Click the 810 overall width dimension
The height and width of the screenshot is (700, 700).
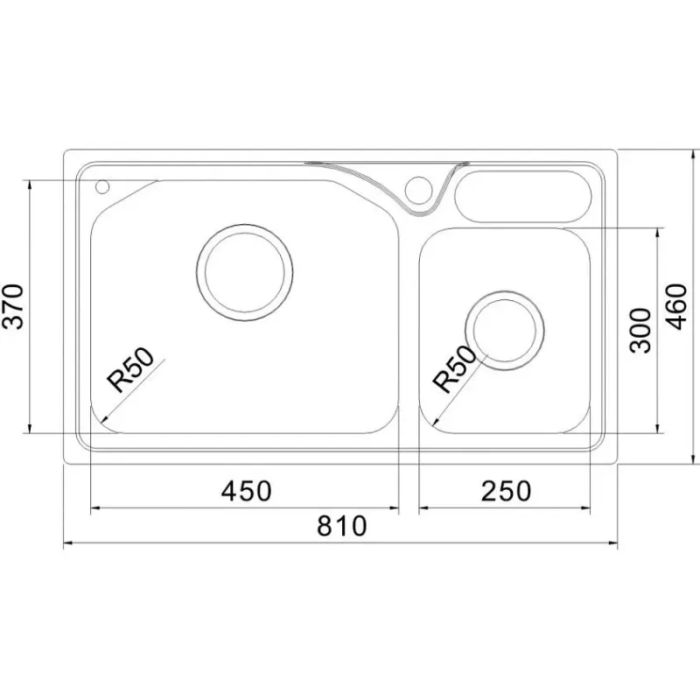tap(342, 526)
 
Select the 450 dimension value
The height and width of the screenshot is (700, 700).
tap(247, 491)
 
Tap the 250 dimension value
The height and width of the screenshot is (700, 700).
tap(506, 491)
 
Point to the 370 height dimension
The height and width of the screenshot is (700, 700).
tap(12, 306)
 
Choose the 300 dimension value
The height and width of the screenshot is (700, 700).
tap(640, 331)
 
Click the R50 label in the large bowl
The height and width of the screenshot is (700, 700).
tap(129, 369)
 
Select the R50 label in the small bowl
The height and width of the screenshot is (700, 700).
tap(455, 369)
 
